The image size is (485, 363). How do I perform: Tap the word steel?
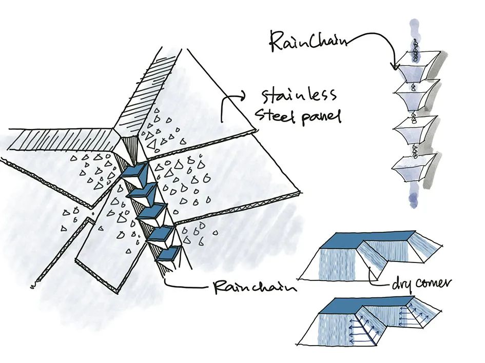[x=280, y=116]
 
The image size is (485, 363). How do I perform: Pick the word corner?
[x=434, y=281]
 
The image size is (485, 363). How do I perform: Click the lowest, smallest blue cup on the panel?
[x=169, y=253]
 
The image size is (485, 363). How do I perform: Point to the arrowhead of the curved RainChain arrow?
[x=395, y=67]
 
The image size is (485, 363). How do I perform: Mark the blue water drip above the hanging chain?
[x=414, y=28]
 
